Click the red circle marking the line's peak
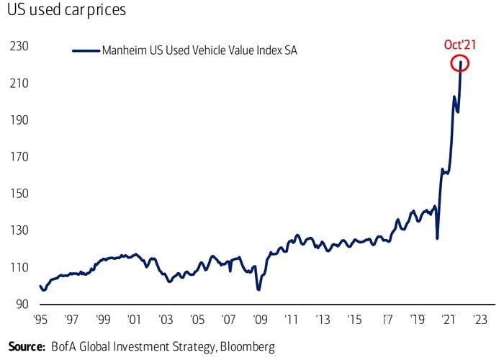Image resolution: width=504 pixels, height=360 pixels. [461, 63]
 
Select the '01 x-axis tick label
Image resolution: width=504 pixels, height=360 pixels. [133, 319]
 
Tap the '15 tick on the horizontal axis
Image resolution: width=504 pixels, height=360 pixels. [354, 319]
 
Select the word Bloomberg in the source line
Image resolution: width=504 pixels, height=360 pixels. [246, 346]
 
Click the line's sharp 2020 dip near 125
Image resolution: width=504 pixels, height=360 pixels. [437, 238]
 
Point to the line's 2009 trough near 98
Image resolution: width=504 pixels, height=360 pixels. [258, 289]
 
